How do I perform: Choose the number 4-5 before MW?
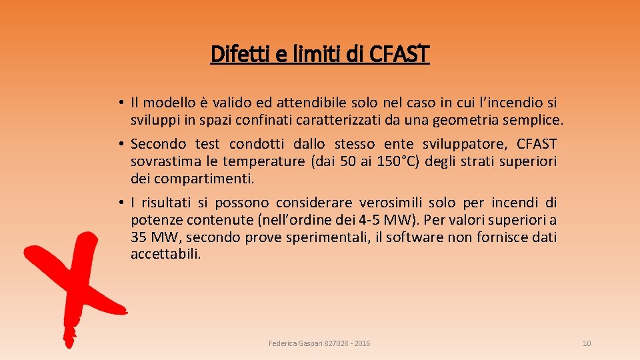[381, 220]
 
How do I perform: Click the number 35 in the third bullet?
[139, 237]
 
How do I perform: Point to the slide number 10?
[587, 343]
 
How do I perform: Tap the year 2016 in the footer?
[363, 343]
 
